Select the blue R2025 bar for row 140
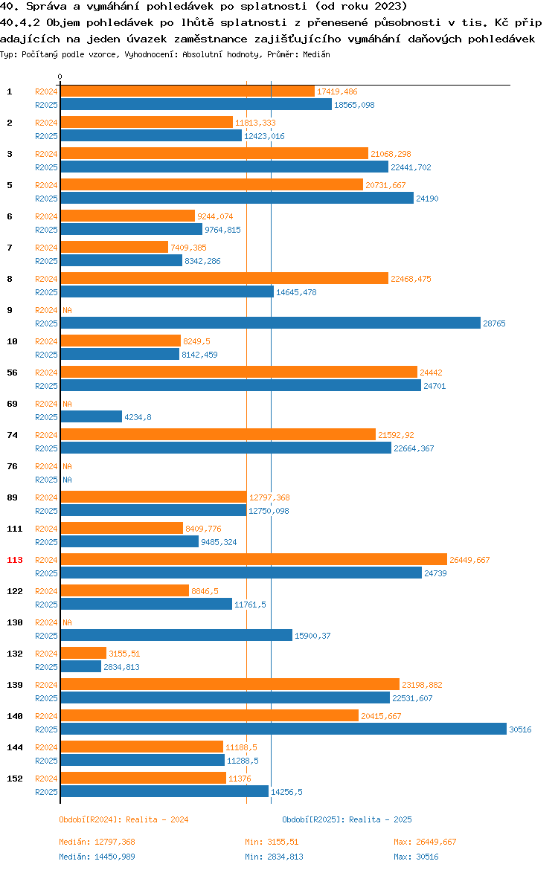(283, 729)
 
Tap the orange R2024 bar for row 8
(224, 279)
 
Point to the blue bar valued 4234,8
(91, 417)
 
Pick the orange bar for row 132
(83, 654)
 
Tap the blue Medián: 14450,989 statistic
(97, 857)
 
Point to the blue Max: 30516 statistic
(416, 857)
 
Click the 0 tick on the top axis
(60, 77)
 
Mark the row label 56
(12, 373)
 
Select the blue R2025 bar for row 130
(176, 636)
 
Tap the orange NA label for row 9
(67, 310)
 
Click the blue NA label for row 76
(67, 480)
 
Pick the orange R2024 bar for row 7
(114, 248)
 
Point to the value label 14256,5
(286, 792)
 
